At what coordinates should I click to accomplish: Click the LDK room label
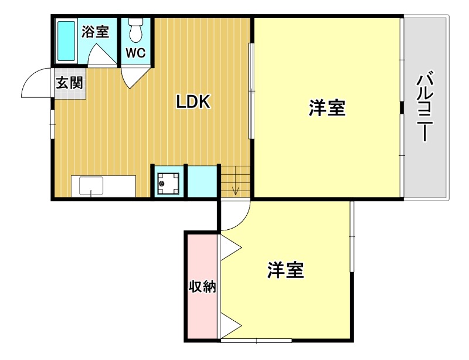click(x=193, y=102)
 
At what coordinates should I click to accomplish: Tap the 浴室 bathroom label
click(x=95, y=31)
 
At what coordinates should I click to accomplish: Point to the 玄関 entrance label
click(x=69, y=82)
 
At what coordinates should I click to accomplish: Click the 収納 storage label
click(x=202, y=287)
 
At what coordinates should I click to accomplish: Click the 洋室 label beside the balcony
click(x=327, y=108)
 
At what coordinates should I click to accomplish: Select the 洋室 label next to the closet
click(x=286, y=270)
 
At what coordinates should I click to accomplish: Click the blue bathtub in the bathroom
click(x=66, y=40)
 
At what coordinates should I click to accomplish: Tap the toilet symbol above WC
click(x=136, y=30)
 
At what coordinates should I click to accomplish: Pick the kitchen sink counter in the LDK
click(x=103, y=187)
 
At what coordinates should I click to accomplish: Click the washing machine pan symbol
click(x=169, y=183)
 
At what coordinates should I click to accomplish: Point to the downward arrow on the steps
click(x=235, y=189)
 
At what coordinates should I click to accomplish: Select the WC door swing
click(x=132, y=77)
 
